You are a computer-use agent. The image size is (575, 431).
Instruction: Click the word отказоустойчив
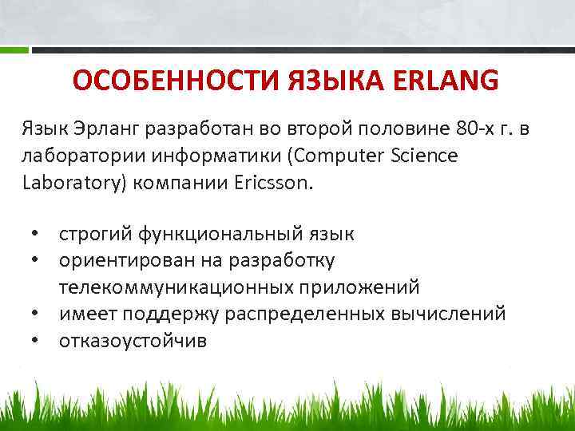(x=132, y=340)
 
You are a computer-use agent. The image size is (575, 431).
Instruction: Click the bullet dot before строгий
(x=36, y=235)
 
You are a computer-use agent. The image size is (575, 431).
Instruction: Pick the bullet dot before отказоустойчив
(x=36, y=340)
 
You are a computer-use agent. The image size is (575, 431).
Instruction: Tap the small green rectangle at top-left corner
(x=14, y=50)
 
